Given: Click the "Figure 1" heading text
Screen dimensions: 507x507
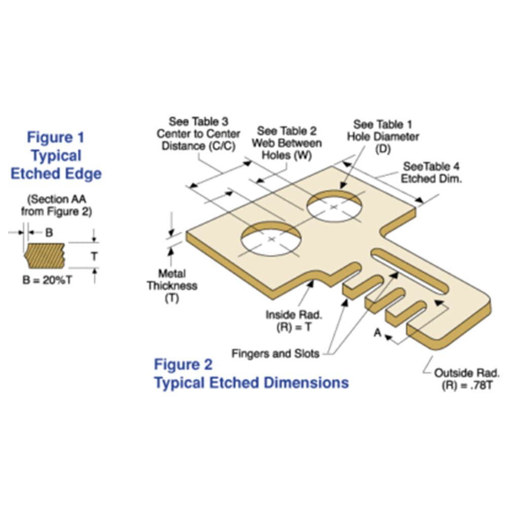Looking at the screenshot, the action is pyautogui.click(x=56, y=137).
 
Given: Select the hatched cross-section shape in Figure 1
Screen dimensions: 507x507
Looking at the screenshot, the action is pyautogui.click(x=45, y=256).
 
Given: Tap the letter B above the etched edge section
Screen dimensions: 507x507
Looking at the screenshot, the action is pyautogui.click(x=49, y=233).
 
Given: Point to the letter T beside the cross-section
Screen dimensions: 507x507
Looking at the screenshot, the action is pyautogui.click(x=94, y=256).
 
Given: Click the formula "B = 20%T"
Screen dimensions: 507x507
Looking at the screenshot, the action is pyautogui.click(x=47, y=280).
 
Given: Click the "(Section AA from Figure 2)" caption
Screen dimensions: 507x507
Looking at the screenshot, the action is pyautogui.click(x=57, y=205).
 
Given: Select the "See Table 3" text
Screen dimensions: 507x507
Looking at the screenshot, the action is pyautogui.click(x=198, y=122).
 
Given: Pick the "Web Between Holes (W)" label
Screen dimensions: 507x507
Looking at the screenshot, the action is pyautogui.click(x=287, y=149).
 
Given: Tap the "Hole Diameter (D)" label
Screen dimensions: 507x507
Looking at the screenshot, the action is pyautogui.click(x=383, y=142).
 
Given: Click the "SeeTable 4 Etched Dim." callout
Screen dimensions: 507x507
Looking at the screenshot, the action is pyautogui.click(x=431, y=173).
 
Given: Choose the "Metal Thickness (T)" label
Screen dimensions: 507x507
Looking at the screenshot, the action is pyautogui.click(x=172, y=286).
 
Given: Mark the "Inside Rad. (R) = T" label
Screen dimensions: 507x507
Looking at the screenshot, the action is pyautogui.click(x=294, y=321).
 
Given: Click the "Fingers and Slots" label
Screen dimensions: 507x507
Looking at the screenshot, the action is pyautogui.click(x=275, y=353).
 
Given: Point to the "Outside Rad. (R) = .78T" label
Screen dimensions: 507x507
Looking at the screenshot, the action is pyautogui.click(x=467, y=379).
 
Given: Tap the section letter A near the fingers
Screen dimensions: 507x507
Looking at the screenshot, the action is pyautogui.click(x=377, y=333).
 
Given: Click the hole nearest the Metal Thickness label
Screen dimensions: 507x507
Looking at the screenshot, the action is pyautogui.click(x=271, y=239).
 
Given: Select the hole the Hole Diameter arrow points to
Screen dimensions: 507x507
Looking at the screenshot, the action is pyautogui.click(x=334, y=206).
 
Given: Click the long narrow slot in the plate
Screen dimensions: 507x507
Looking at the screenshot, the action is pyautogui.click(x=410, y=272).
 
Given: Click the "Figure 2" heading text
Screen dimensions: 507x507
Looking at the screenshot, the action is pyautogui.click(x=183, y=365).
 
